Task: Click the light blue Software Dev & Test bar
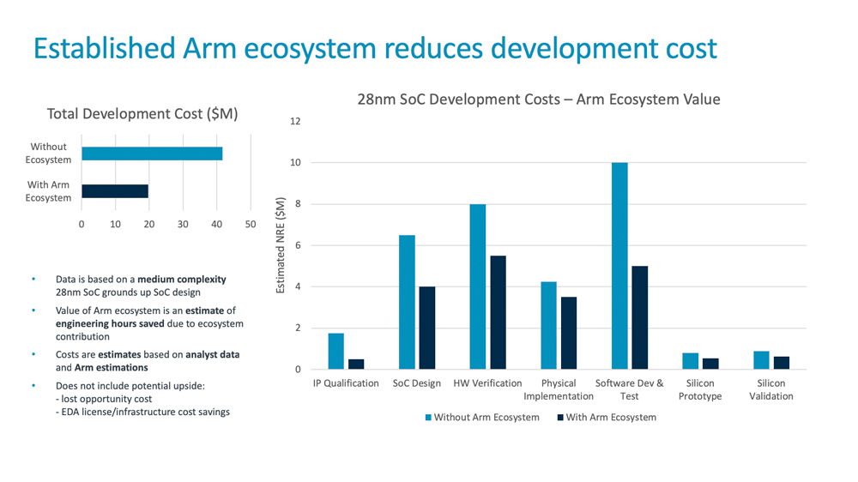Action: click(x=619, y=266)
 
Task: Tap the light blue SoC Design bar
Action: click(x=407, y=302)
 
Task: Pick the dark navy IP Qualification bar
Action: click(x=356, y=365)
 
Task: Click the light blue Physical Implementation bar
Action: click(x=549, y=325)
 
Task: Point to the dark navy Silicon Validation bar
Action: click(x=781, y=363)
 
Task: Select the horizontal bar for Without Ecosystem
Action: click(x=152, y=154)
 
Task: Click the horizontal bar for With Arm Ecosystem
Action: click(x=115, y=191)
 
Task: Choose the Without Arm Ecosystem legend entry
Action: click(x=481, y=418)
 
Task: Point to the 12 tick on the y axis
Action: click(x=295, y=122)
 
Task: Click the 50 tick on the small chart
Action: click(x=251, y=225)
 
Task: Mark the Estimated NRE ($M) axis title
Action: click(x=281, y=246)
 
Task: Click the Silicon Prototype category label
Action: click(x=700, y=389)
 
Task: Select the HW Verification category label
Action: click(x=487, y=383)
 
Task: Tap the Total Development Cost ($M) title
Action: click(x=142, y=113)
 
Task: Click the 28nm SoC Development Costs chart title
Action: click(x=539, y=99)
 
